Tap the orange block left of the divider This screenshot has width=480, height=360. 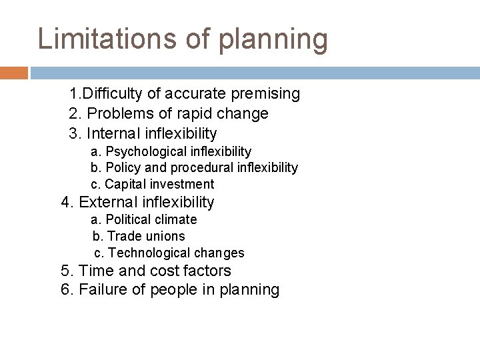point(13,73)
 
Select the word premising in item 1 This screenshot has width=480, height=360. point(262,94)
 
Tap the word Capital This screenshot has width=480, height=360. point(126,184)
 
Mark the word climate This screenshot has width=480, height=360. point(175,219)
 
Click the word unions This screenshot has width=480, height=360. point(167,236)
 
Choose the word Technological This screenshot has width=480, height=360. point(143,253)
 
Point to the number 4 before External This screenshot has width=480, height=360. point(65,202)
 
